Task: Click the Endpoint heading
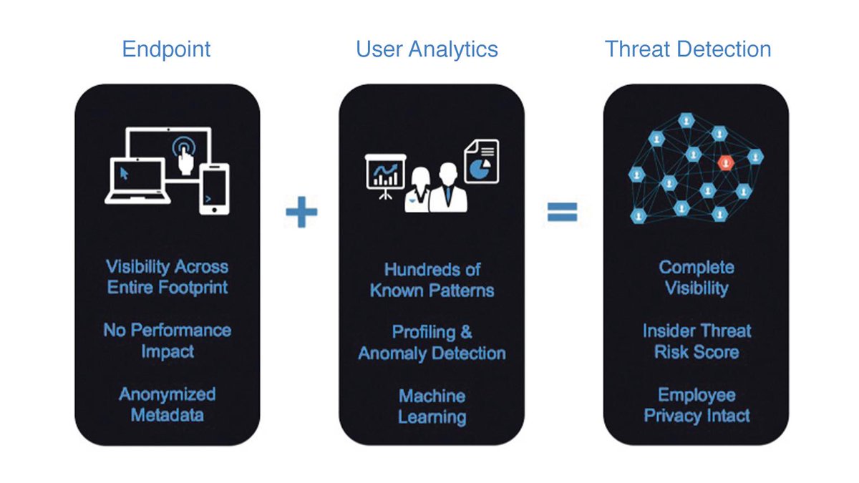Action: (166, 49)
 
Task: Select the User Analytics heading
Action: (427, 49)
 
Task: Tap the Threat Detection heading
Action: (688, 49)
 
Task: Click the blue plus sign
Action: (301, 213)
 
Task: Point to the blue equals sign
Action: (563, 213)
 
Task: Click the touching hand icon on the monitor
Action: (185, 152)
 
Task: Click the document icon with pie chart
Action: (482, 161)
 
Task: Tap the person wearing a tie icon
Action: (448, 187)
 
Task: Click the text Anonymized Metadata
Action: (167, 404)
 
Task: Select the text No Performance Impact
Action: (167, 341)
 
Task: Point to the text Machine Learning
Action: (432, 406)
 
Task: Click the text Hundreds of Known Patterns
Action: (432, 280)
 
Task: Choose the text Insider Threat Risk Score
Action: (697, 341)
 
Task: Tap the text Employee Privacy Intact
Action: (697, 405)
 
